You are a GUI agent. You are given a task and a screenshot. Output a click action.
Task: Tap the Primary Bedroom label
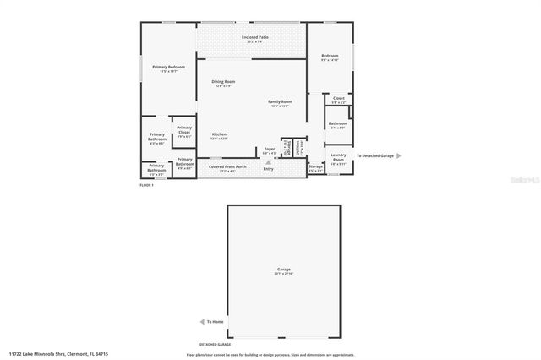coord(168,67)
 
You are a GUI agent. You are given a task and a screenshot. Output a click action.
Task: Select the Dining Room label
coord(226,84)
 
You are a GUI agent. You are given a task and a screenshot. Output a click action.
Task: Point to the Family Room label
coord(279,102)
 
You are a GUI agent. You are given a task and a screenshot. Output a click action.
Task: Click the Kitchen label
coord(219,135)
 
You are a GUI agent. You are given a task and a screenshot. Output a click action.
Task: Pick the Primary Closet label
coord(184,129)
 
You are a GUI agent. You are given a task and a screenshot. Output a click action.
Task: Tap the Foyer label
coord(270,150)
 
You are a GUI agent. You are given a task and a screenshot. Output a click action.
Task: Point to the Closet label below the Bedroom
coord(338,99)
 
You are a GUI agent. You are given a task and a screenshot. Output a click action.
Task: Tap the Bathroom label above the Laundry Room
coord(337,124)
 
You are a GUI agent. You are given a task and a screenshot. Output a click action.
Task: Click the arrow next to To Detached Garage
coord(399,155)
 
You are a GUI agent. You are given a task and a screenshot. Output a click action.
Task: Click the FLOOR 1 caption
coord(146,185)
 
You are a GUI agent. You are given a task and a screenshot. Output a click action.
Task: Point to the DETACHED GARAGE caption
coord(215,345)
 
